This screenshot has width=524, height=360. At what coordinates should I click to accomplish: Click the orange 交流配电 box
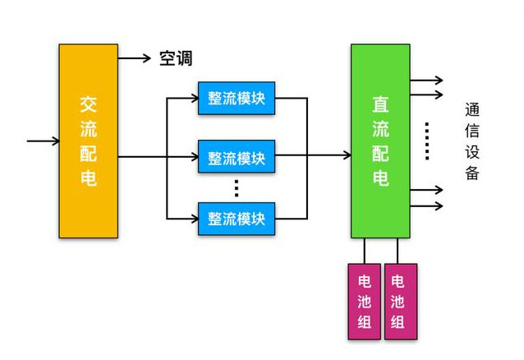tap(88, 141)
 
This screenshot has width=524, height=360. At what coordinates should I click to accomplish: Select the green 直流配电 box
tap(380, 141)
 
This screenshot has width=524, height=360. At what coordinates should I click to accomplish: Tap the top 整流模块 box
tap(237, 99)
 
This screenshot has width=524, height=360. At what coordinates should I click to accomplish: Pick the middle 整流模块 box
tap(237, 158)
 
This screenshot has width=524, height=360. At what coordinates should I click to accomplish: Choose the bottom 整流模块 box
tap(237, 219)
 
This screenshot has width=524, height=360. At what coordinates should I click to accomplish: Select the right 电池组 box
tap(399, 301)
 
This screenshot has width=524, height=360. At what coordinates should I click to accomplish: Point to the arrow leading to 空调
tap(135, 58)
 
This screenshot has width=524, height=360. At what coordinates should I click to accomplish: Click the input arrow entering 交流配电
tap(41, 141)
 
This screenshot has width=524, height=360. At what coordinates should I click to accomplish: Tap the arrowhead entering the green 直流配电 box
tap(346, 155)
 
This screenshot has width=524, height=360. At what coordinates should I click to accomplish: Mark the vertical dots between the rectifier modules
tap(236, 188)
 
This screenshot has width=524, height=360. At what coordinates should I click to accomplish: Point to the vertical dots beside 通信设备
tap(427, 140)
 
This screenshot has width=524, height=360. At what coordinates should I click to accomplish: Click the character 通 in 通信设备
tap(471, 110)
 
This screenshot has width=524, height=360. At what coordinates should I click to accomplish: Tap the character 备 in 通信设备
tap(471, 173)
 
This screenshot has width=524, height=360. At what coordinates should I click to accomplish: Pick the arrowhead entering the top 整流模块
tap(193, 99)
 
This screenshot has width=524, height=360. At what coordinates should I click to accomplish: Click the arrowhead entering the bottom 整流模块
tap(193, 219)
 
